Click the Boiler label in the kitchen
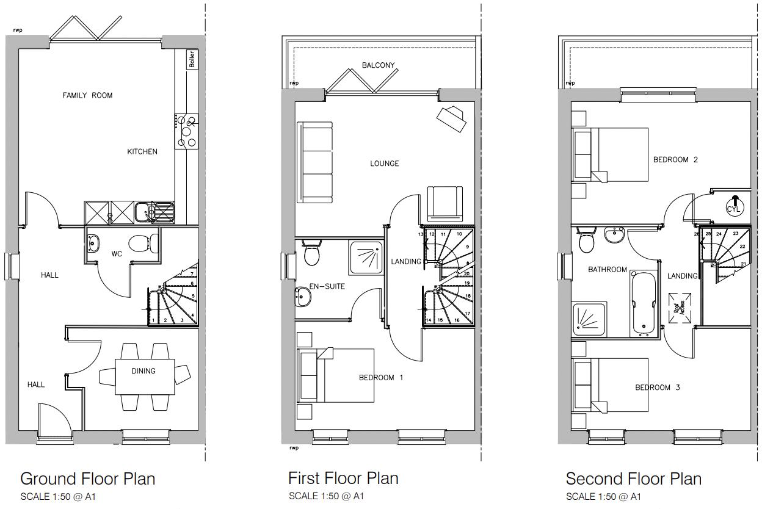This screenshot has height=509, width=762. [192, 59]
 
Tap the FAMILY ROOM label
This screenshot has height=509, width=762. [87, 95]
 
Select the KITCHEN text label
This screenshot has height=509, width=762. [142, 151]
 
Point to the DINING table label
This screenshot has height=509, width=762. [143, 370]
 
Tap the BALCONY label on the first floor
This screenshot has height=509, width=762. [378, 65]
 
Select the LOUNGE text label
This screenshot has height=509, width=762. [385, 164]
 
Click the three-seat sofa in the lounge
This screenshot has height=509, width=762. [315, 162]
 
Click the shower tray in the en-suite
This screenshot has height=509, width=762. [367, 255]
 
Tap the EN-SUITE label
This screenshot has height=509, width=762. [327, 286]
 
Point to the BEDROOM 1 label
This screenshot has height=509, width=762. [381, 378]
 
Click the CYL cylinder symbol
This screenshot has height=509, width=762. [733, 204]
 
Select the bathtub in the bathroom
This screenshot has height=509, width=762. [644, 303]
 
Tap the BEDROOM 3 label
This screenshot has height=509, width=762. [657, 388]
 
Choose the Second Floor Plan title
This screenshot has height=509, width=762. [633, 478]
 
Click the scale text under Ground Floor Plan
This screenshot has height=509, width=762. [58, 496]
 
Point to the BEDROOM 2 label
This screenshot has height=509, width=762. [675, 160]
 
